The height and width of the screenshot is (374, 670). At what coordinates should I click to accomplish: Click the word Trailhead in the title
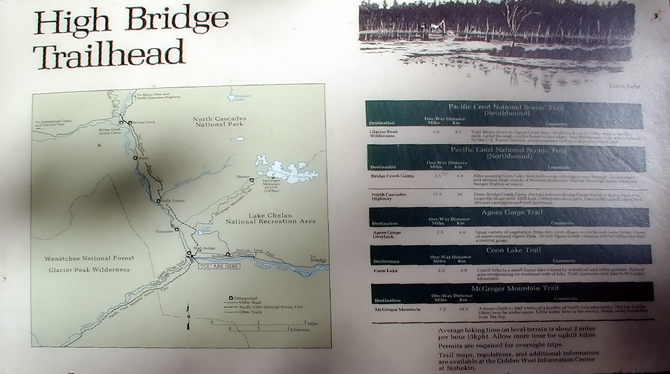pos(108,52)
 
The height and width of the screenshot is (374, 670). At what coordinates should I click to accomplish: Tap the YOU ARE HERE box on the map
pos(219,266)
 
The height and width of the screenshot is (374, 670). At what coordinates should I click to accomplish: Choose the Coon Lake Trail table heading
pos(513,250)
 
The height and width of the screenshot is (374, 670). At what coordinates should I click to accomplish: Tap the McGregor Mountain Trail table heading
pos(515,288)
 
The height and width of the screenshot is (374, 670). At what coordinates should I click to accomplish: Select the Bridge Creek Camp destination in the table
pos(392,176)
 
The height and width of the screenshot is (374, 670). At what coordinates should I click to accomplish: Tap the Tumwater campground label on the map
pos(164,232)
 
